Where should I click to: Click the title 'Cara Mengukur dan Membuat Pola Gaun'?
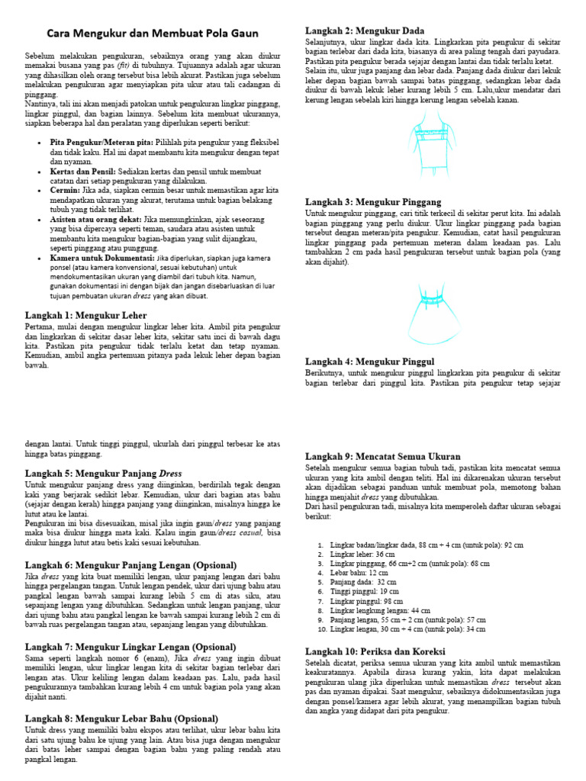153,34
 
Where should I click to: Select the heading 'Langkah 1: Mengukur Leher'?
85,314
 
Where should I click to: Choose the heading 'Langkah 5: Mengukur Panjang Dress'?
103,473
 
